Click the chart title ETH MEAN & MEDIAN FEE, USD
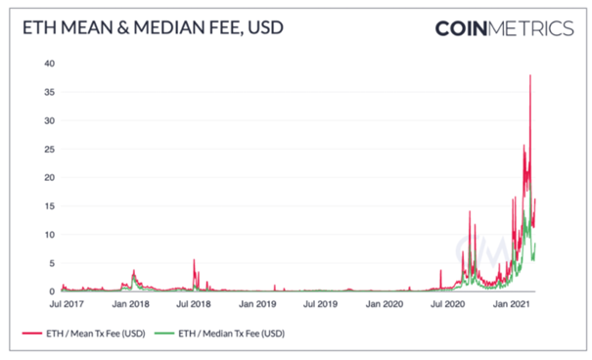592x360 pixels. pos(153,28)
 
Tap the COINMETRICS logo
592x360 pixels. pos(504,28)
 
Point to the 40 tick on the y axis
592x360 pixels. pos(50,64)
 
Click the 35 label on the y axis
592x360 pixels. pos(50,92)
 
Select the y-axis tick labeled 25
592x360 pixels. pos(50,149)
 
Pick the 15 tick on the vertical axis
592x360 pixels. pos(50,206)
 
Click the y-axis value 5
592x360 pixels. pos(52,263)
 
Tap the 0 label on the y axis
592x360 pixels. pos(52,292)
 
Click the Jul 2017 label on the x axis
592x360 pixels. pos(67,304)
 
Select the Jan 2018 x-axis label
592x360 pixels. pos(131,304)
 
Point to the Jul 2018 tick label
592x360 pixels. pos(194,304)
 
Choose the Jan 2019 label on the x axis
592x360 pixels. pos(257,304)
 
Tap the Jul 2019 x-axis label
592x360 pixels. pos(320,304)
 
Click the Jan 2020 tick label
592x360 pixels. pos(385,304)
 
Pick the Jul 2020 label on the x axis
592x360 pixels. pos(448,304)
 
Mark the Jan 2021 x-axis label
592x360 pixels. pos(512,304)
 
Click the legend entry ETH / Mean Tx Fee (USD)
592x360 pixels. pos(84,334)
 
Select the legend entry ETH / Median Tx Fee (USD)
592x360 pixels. pos(220,334)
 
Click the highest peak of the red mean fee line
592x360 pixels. pos(530,75)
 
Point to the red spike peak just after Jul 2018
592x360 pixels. pos(194,259)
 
